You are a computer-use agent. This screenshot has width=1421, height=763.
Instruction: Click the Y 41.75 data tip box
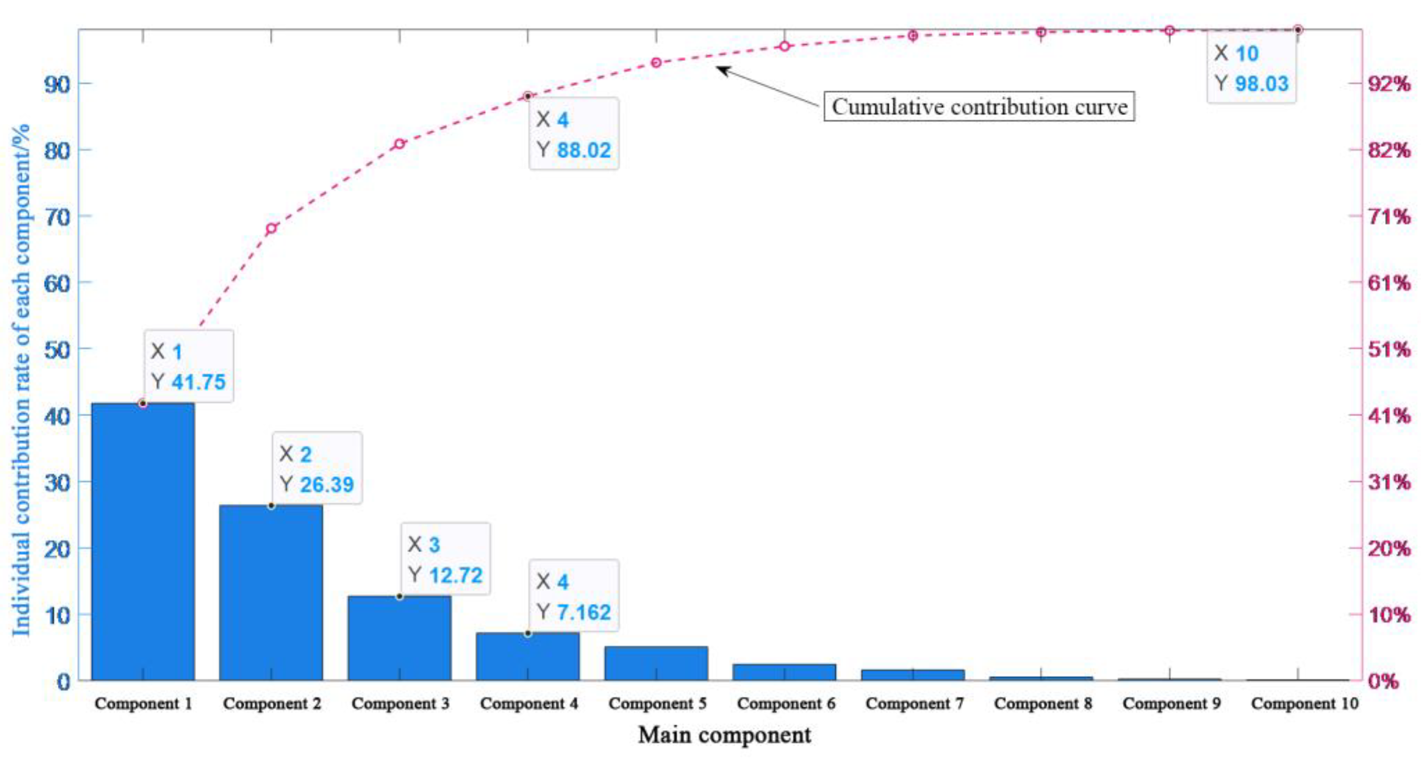pyautogui.click(x=189, y=367)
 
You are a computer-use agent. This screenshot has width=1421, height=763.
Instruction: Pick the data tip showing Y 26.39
pyautogui.click(x=317, y=469)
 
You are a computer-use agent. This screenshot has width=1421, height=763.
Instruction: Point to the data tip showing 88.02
pyautogui.click(x=573, y=134)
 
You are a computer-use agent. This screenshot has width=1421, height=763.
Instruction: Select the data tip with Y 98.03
pyautogui.click(x=1251, y=68)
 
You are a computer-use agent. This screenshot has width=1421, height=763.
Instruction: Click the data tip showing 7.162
pyautogui.click(x=573, y=596)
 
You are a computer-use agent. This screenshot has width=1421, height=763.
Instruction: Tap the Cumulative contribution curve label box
pyautogui.click(x=979, y=106)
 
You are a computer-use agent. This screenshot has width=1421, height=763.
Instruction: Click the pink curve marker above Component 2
pyautogui.click(x=271, y=228)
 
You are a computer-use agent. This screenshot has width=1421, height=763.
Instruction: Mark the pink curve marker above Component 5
pyautogui.click(x=656, y=63)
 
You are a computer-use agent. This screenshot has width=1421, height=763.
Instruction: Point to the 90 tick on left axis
pyautogui.click(x=57, y=85)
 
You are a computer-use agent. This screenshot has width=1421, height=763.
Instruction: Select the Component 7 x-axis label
pyautogui.click(x=914, y=703)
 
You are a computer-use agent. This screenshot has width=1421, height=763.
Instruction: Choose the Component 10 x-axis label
pyautogui.click(x=1304, y=703)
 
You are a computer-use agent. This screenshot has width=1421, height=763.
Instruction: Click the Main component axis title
pyautogui.click(x=724, y=735)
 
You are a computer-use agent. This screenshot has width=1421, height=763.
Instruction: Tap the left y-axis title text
pyautogui.click(x=21, y=381)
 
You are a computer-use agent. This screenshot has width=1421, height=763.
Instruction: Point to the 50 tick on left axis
pyautogui.click(x=57, y=350)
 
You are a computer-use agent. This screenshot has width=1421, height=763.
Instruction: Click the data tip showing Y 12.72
pyautogui.click(x=445, y=560)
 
